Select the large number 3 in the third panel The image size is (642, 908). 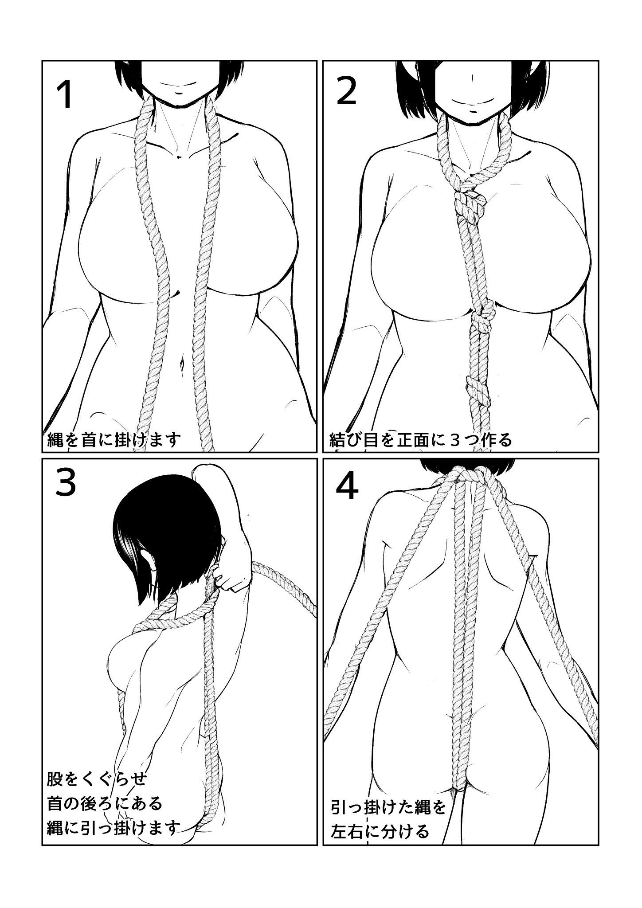(66, 485)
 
